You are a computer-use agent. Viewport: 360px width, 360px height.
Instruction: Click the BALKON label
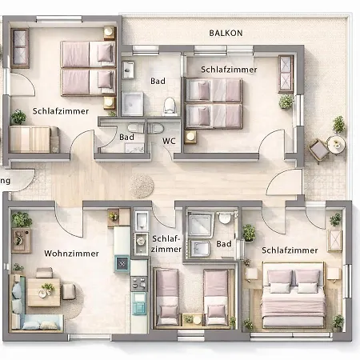226,33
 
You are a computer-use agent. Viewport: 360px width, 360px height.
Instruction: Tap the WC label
169,141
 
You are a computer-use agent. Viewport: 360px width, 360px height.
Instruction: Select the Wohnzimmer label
71,254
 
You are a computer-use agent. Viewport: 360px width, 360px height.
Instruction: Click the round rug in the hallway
142,186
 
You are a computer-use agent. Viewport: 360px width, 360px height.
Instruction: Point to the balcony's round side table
337,145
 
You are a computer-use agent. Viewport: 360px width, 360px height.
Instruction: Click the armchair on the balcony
318,150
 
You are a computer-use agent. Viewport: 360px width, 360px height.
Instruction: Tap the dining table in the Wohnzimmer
44,292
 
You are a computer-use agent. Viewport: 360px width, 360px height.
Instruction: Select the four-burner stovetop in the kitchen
138,284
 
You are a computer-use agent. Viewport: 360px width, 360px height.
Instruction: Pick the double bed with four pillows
294,294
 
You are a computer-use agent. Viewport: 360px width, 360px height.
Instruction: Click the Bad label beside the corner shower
224,244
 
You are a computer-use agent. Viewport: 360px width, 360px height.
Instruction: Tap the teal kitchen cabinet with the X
122,263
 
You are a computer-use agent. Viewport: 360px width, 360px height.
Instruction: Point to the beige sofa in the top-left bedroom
34,139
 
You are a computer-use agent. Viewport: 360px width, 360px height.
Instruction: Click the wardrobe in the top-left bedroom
20,48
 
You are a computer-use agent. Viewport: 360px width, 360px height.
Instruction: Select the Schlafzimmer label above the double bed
290,250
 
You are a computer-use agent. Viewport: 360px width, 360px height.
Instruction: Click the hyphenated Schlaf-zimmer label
166,244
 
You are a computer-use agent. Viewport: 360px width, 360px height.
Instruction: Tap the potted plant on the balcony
338,124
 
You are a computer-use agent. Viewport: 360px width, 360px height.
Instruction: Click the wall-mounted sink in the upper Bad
128,70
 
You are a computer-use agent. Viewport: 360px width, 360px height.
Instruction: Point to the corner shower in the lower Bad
201,226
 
